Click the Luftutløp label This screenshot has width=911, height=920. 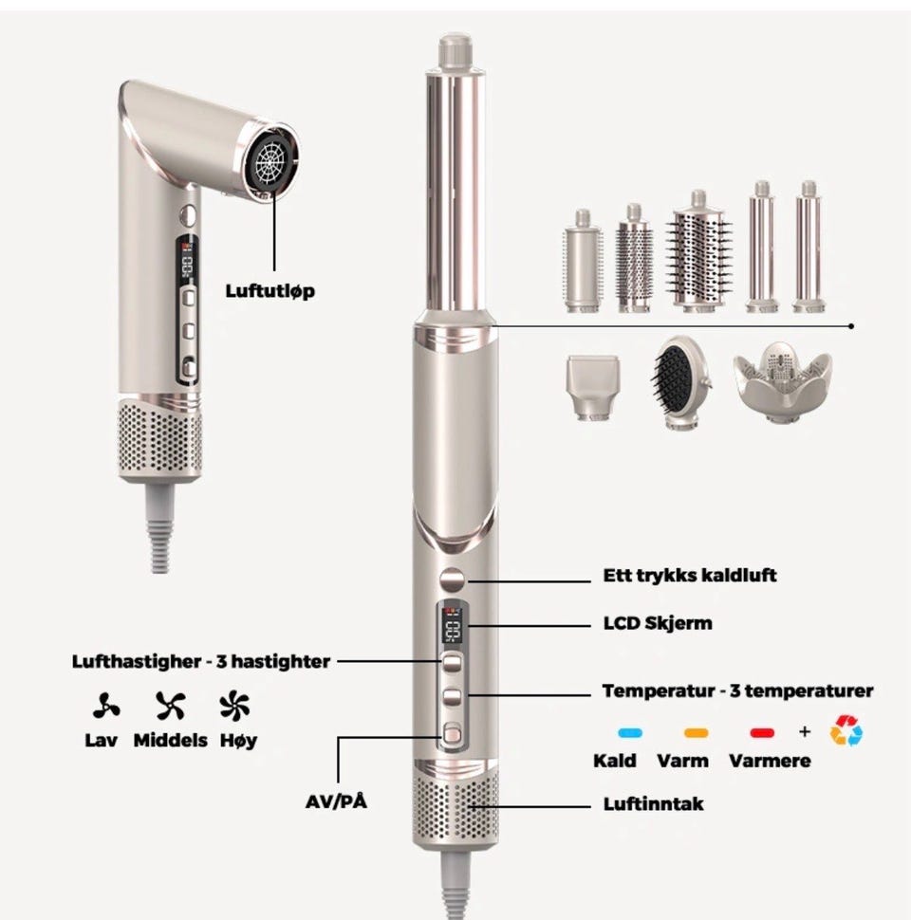point(270,291)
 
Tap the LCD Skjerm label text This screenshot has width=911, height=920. point(658,623)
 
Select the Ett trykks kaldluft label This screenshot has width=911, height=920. point(690,576)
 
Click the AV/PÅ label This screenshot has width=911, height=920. point(336,800)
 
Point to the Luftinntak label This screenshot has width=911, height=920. point(653,804)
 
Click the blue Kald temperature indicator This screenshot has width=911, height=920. point(630,733)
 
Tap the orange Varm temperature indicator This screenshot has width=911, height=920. point(697,733)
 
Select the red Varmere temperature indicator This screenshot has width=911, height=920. point(762,733)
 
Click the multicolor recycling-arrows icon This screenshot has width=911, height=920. point(846,730)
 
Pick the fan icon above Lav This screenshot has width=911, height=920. point(106,706)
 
